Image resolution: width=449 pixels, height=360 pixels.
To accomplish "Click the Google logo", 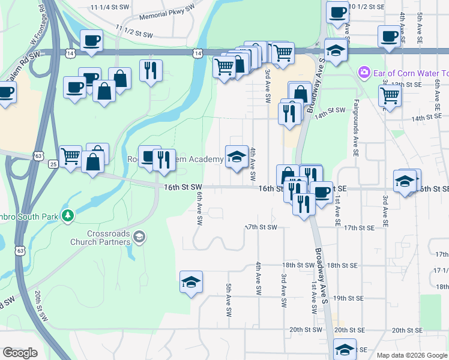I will (20, 353).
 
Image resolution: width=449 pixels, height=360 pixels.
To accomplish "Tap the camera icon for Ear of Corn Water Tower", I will (363, 73).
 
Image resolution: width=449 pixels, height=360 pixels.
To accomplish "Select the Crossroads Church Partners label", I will (100, 238).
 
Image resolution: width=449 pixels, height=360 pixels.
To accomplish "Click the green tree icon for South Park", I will (69, 214).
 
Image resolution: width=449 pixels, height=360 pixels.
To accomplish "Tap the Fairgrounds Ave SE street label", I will (356, 120).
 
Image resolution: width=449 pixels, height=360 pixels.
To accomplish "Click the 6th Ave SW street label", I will (199, 208).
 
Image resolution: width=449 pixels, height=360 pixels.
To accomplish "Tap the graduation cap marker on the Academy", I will (237, 157).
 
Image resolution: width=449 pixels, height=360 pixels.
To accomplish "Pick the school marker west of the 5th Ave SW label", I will (191, 283).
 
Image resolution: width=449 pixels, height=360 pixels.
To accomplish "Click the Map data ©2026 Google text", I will (412, 355).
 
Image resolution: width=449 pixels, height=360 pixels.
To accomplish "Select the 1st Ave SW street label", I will (313, 299).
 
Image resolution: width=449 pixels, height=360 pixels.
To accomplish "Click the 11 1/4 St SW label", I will (109, 7).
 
